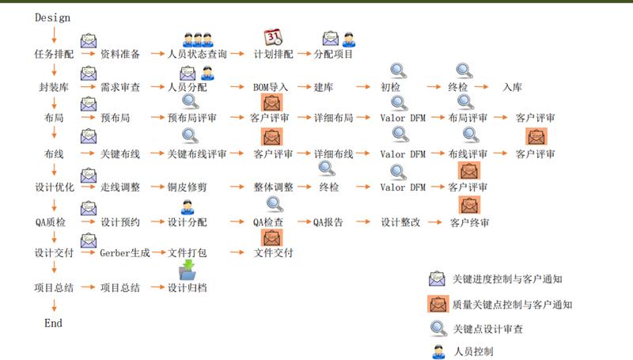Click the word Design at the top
(52, 17)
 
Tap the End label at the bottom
(53, 324)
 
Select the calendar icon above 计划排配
(273, 37)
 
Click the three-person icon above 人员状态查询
(197, 40)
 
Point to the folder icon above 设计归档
(188, 270)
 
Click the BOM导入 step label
(271, 87)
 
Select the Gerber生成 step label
(125, 253)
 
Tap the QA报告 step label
(328, 222)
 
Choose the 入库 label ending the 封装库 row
(512, 87)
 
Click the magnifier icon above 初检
(399, 70)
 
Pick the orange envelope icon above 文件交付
(272, 237)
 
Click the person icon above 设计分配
(188, 207)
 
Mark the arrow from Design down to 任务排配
(54, 35)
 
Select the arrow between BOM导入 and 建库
(305, 87)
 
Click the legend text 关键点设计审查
(487, 329)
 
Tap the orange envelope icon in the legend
(438, 304)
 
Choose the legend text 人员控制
(473, 351)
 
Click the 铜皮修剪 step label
(187, 187)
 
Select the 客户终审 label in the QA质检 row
(469, 222)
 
